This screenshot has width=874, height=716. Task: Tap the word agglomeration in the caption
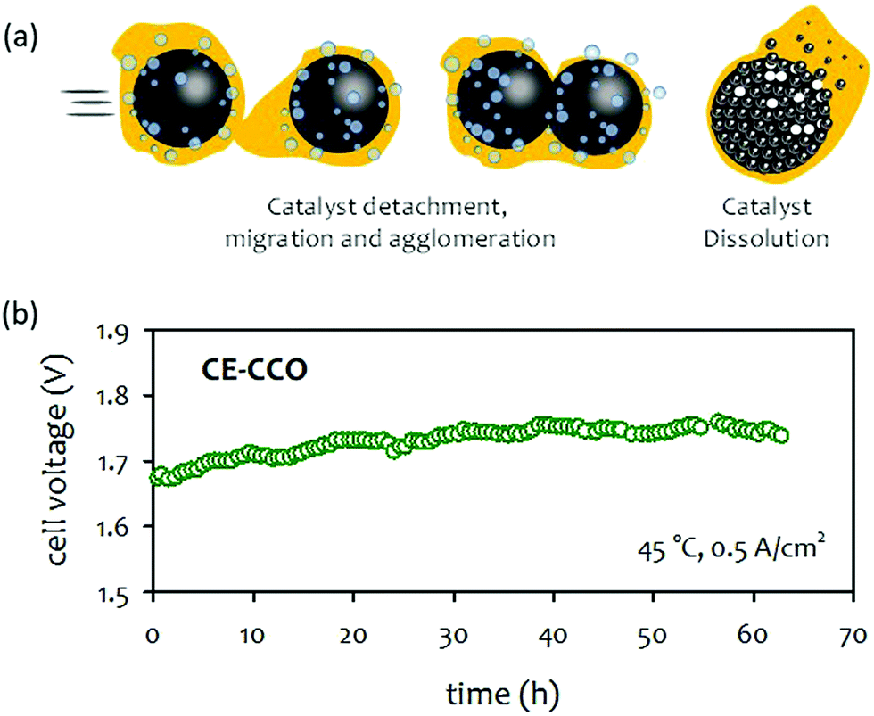click(495, 239)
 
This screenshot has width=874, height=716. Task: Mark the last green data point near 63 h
click(782, 435)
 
